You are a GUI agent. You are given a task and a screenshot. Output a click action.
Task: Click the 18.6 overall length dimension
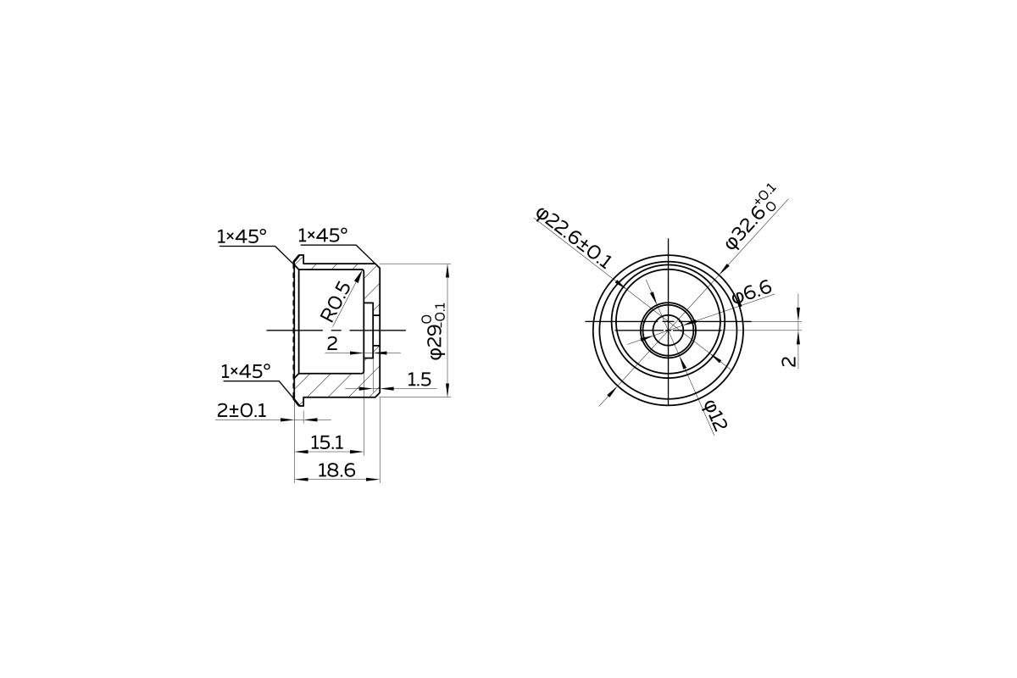(x=336, y=470)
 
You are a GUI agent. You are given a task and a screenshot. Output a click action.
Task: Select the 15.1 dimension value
(x=326, y=442)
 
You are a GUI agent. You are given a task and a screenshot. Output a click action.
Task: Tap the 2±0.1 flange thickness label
(x=242, y=410)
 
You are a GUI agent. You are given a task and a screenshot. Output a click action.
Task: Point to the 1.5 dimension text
(x=419, y=379)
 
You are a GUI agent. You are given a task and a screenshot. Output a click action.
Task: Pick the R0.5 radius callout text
(x=336, y=303)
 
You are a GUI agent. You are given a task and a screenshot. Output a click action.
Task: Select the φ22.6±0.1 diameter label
(x=575, y=238)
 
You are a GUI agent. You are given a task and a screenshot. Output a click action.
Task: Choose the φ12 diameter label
(x=715, y=415)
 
